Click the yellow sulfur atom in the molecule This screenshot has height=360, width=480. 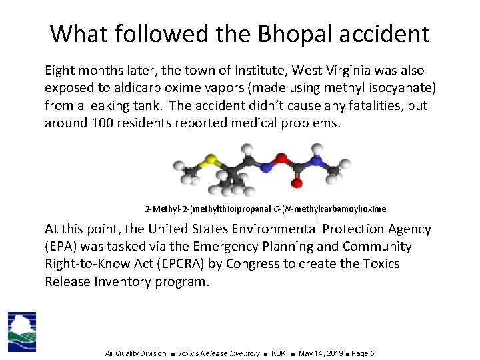point(211,160)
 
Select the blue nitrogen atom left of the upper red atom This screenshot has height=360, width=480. point(265,168)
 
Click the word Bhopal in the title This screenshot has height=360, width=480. point(296,33)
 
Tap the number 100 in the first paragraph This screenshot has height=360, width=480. point(95,123)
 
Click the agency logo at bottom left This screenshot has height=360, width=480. point(21,331)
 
